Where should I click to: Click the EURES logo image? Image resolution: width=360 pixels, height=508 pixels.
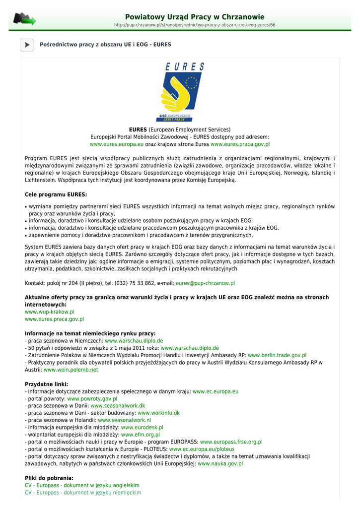click(180, 92)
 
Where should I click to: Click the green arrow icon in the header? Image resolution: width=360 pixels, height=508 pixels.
click(24, 19)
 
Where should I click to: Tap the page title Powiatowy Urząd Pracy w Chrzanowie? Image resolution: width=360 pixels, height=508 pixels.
click(195, 17)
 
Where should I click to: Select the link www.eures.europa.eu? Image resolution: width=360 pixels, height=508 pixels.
click(117, 144)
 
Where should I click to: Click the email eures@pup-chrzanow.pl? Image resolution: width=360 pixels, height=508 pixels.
click(205, 283)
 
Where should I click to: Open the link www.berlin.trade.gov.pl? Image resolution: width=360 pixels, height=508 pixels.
click(277, 355)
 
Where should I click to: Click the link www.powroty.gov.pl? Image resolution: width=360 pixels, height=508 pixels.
click(92, 398)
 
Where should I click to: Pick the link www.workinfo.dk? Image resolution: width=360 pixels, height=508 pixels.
click(158, 413)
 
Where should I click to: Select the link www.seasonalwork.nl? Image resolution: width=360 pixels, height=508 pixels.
click(124, 420)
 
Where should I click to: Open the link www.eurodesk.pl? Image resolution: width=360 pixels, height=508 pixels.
click(142, 427)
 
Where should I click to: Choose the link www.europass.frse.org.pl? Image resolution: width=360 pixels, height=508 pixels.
click(231, 442)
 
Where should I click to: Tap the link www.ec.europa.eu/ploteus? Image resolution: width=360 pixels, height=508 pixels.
click(202, 448)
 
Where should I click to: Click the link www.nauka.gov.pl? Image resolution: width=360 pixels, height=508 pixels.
click(220, 463)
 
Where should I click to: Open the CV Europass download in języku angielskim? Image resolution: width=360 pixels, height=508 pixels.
click(82, 485)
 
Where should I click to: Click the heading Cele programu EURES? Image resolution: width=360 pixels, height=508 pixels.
click(56, 194)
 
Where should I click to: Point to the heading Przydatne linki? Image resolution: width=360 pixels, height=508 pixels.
click(47, 384)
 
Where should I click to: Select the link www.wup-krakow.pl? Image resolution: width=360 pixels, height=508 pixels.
click(50, 312)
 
